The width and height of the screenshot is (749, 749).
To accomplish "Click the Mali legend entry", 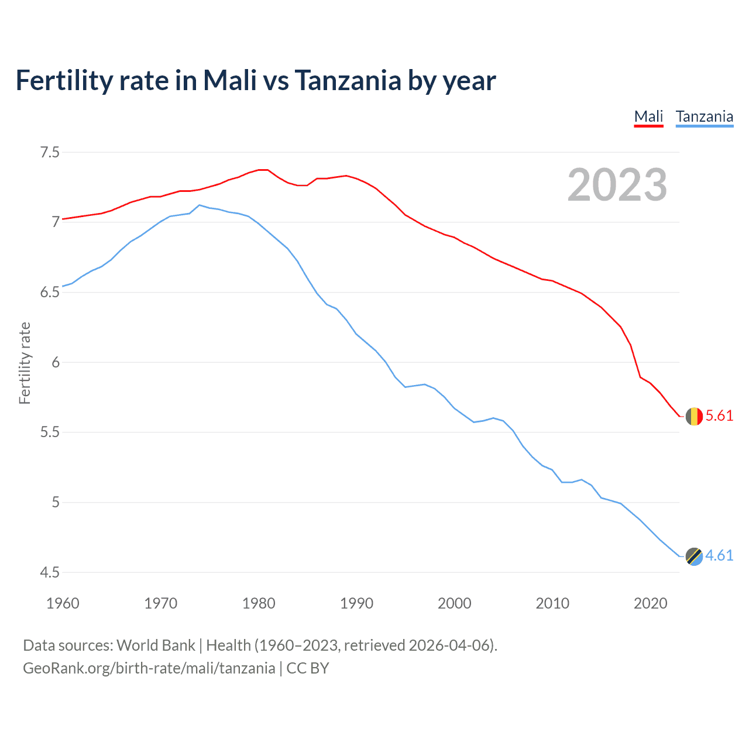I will (648, 116).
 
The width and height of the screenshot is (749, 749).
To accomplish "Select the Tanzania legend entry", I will (704, 116).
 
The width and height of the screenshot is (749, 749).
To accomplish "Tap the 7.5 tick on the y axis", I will (50, 153).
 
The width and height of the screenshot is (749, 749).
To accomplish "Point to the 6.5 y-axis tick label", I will (50, 293).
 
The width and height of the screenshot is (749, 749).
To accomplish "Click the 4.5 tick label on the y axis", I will (50, 572).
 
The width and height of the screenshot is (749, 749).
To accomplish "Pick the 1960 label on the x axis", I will (63, 603).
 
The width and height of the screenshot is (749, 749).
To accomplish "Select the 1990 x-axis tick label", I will (356, 603).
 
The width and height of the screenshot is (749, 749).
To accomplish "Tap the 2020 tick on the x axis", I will (650, 603).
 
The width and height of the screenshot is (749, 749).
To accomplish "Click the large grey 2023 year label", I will (617, 185).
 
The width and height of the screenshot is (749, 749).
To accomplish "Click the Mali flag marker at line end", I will (694, 416).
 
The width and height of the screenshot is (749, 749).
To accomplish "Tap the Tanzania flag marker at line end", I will (694, 556).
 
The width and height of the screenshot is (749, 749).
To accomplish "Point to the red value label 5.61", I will (719, 416).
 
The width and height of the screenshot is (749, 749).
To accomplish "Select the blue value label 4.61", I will (719, 556).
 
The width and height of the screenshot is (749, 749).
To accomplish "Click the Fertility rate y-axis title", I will (25, 363).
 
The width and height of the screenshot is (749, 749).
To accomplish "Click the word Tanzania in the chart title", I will (348, 81).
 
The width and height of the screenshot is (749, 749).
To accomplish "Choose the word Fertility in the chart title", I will (64, 81).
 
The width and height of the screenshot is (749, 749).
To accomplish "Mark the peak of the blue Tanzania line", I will (200, 205).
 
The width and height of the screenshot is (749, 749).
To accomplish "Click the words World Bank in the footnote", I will (156, 645).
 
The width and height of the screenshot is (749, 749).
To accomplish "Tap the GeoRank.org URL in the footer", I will (149, 668).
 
